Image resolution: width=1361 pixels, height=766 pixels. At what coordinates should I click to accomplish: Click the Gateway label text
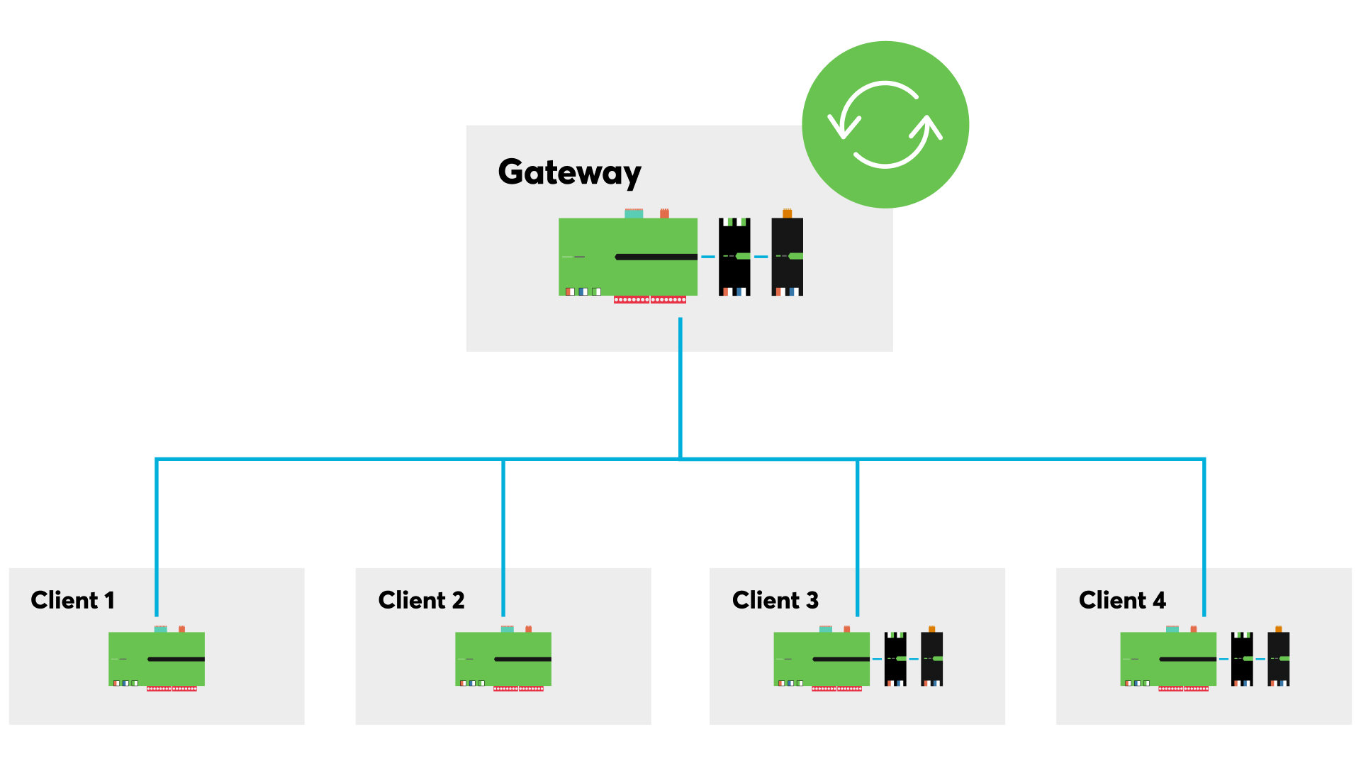569,172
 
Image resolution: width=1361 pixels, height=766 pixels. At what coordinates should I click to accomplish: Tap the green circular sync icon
885,125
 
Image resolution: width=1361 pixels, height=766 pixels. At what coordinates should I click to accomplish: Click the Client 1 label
72,601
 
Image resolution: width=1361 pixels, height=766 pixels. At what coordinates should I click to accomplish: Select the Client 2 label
421,601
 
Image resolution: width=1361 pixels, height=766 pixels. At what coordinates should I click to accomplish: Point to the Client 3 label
775,601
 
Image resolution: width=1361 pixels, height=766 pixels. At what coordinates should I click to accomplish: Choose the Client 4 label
1121,601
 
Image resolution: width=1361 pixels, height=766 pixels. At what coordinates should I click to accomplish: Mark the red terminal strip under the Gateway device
649,300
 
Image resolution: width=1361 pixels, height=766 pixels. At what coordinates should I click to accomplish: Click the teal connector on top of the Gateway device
634,213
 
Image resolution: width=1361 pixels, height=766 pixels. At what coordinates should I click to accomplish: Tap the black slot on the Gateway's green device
656,257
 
